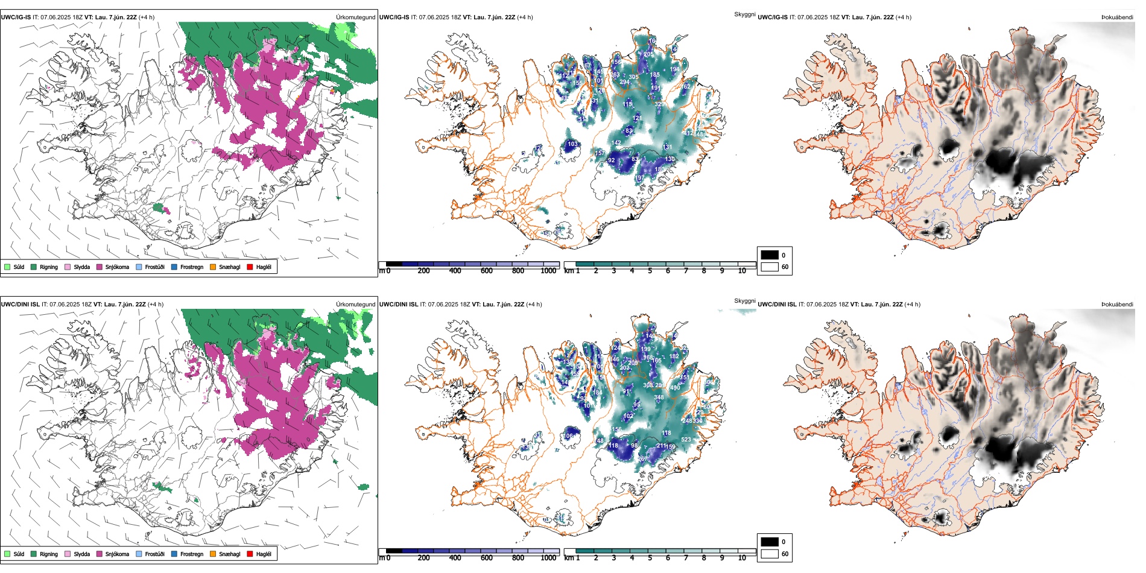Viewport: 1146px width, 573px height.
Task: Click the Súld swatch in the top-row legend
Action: click(7, 267)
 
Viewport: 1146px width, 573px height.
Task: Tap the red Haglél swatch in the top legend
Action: click(250, 267)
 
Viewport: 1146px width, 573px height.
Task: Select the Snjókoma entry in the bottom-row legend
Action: click(100, 554)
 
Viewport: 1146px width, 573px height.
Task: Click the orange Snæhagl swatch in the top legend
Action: click(213, 267)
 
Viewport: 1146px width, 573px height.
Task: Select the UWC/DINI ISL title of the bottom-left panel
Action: click(20, 305)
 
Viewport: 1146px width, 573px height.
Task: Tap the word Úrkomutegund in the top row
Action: click(355, 17)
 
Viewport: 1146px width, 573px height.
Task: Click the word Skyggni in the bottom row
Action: click(744, 301)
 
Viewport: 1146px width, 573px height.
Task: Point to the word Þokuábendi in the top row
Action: click(1117, 17)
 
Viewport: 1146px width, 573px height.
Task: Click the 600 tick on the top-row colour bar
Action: click(487, 271)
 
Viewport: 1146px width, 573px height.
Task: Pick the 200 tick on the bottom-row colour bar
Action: click(424, 558)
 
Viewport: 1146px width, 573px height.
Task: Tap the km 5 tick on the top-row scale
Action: click(650, 271)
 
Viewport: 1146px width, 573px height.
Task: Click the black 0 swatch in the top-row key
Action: click(770, 255)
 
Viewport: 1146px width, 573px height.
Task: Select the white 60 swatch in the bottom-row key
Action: click(770, 553)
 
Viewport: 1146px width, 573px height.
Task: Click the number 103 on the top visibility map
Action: click(572, 144)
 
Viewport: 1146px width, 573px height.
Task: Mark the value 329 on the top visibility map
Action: click(659, 104)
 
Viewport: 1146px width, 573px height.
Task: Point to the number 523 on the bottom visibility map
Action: click(686, 440)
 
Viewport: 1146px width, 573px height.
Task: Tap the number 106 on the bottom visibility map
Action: click(568, 436)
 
